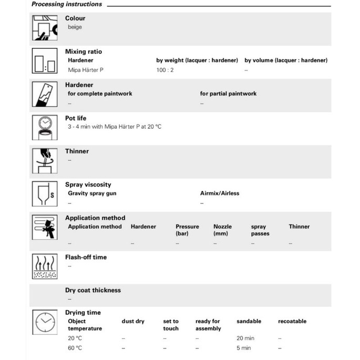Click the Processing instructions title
click(67, 4)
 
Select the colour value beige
click(75, 27)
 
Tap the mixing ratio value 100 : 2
click(164, 70)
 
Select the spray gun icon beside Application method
click(45, 227)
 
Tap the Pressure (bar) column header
click(187, 230)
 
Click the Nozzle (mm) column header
click(222, 230)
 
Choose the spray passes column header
click(260, 230)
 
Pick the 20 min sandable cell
click(245, 338)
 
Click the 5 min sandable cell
click(243, 348)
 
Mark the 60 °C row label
click(75, 348)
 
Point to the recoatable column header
click(292, 321)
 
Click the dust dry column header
click(133, 321)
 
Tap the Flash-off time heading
click(86, 257)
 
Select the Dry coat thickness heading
click(93, 290)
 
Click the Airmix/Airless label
click(220, 193)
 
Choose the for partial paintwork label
click(228, 94)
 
